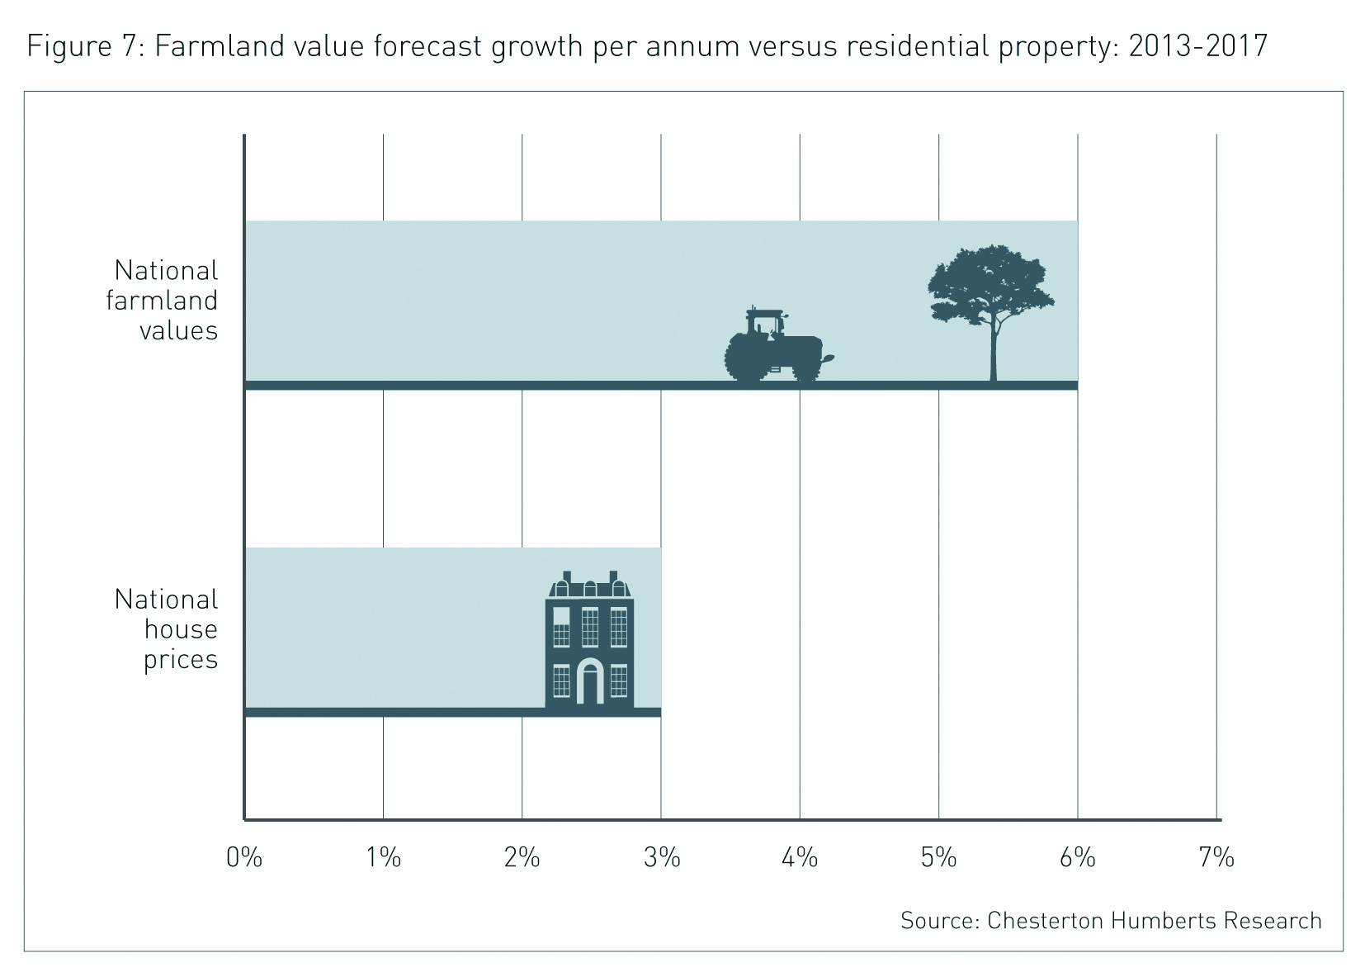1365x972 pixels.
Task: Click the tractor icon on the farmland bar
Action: (774, 348)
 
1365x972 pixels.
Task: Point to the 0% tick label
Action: (244, 858)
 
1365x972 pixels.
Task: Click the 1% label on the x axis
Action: (383, 858)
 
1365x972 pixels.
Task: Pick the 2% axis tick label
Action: (522, 858)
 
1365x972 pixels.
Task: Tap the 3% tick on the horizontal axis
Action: (661, 858)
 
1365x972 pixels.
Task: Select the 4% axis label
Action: (800, 858)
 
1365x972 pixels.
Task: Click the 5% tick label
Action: (938, 858)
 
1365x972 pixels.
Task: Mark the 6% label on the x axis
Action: (1077, 858)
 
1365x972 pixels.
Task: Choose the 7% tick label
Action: (1216, 858)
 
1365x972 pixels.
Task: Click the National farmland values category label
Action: (163, 301)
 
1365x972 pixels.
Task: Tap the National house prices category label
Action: (168, 629)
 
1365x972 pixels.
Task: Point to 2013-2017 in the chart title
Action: (1197, 46)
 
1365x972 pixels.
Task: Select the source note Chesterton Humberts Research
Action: (1111, 921)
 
